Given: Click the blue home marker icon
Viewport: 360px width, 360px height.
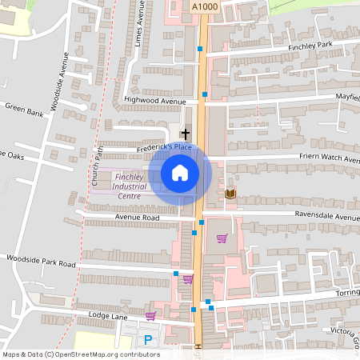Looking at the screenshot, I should pos(180,173).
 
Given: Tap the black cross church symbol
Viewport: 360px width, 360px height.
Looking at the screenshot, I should pos(186,134).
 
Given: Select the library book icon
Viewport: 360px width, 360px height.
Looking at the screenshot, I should pos(231,194).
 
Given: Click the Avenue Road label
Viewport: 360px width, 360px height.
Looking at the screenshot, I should pos(137,218).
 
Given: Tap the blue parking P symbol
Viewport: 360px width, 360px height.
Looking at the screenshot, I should pos(148,340).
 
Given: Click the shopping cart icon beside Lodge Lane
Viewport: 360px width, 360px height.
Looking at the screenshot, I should pos(150,316).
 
